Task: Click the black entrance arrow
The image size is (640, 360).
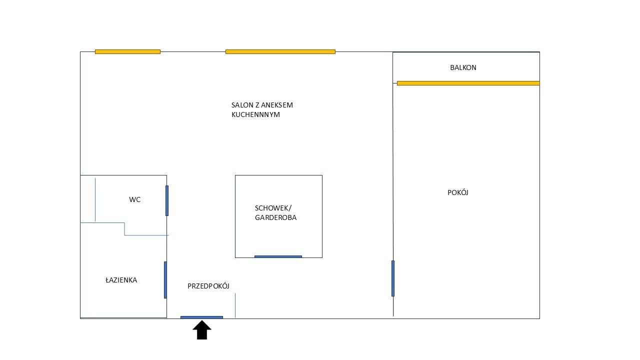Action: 202,330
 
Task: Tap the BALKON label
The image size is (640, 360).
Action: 463,67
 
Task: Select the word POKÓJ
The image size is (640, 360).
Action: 457,192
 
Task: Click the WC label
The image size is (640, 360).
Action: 134,199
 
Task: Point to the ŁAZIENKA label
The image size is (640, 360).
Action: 121,280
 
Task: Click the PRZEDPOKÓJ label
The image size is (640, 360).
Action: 208,286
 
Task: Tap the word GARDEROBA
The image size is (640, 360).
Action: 275,217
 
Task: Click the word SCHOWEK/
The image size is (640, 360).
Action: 273,208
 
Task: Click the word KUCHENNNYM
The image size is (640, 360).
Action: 255,114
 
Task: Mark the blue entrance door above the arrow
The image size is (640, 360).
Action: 201,317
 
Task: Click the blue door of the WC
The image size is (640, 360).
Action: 167,200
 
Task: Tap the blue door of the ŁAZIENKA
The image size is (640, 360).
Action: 165,279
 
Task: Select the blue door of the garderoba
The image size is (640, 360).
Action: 278,256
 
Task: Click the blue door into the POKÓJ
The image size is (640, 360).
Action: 393,278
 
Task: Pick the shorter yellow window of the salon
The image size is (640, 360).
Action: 127,51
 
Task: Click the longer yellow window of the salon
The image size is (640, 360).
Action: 280,51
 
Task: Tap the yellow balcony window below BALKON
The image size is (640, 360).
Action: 468,83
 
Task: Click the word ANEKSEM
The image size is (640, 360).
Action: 276,105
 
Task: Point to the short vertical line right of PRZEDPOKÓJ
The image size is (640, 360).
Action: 235,305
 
